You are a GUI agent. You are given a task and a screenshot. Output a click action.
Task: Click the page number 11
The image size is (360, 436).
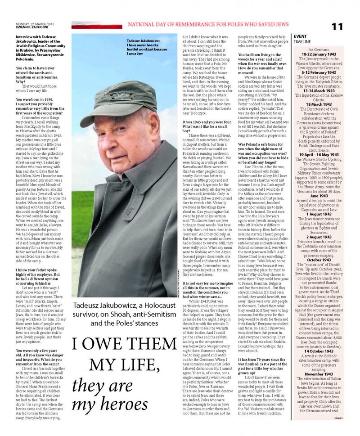337,26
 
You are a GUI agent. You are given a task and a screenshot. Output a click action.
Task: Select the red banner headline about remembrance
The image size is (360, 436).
226,26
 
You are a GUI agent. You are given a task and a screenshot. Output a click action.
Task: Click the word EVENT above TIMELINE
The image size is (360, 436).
301,35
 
